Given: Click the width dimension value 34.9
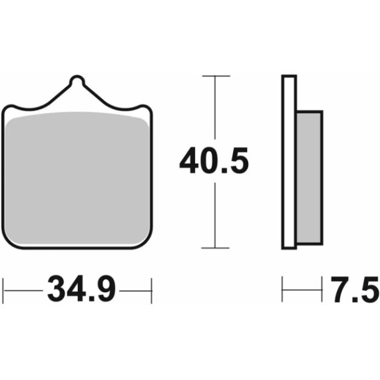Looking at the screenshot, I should pyautogui.click(x=82, y=289).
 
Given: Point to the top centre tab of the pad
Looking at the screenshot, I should pyautogui.click(x=78, y=83).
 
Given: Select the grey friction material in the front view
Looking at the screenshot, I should pyautogui.click(x=78, y=176).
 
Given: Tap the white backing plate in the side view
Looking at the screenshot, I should pyautogui.click(x=289, y=163).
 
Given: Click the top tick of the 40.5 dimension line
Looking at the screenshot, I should pyautogui.click(x=214, y=77).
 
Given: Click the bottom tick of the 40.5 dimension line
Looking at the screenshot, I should pyautogui.click(x=214, y=248).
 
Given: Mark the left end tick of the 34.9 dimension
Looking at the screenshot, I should pyautogui.click(x=5, y=289).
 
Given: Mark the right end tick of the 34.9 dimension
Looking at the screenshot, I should pyautogui.click(x=152, y=289).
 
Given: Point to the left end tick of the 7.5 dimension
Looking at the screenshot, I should pyautogui.click(x=284, y=289).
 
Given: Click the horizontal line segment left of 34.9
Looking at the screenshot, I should pyautogui.click(x=23, y=289).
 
